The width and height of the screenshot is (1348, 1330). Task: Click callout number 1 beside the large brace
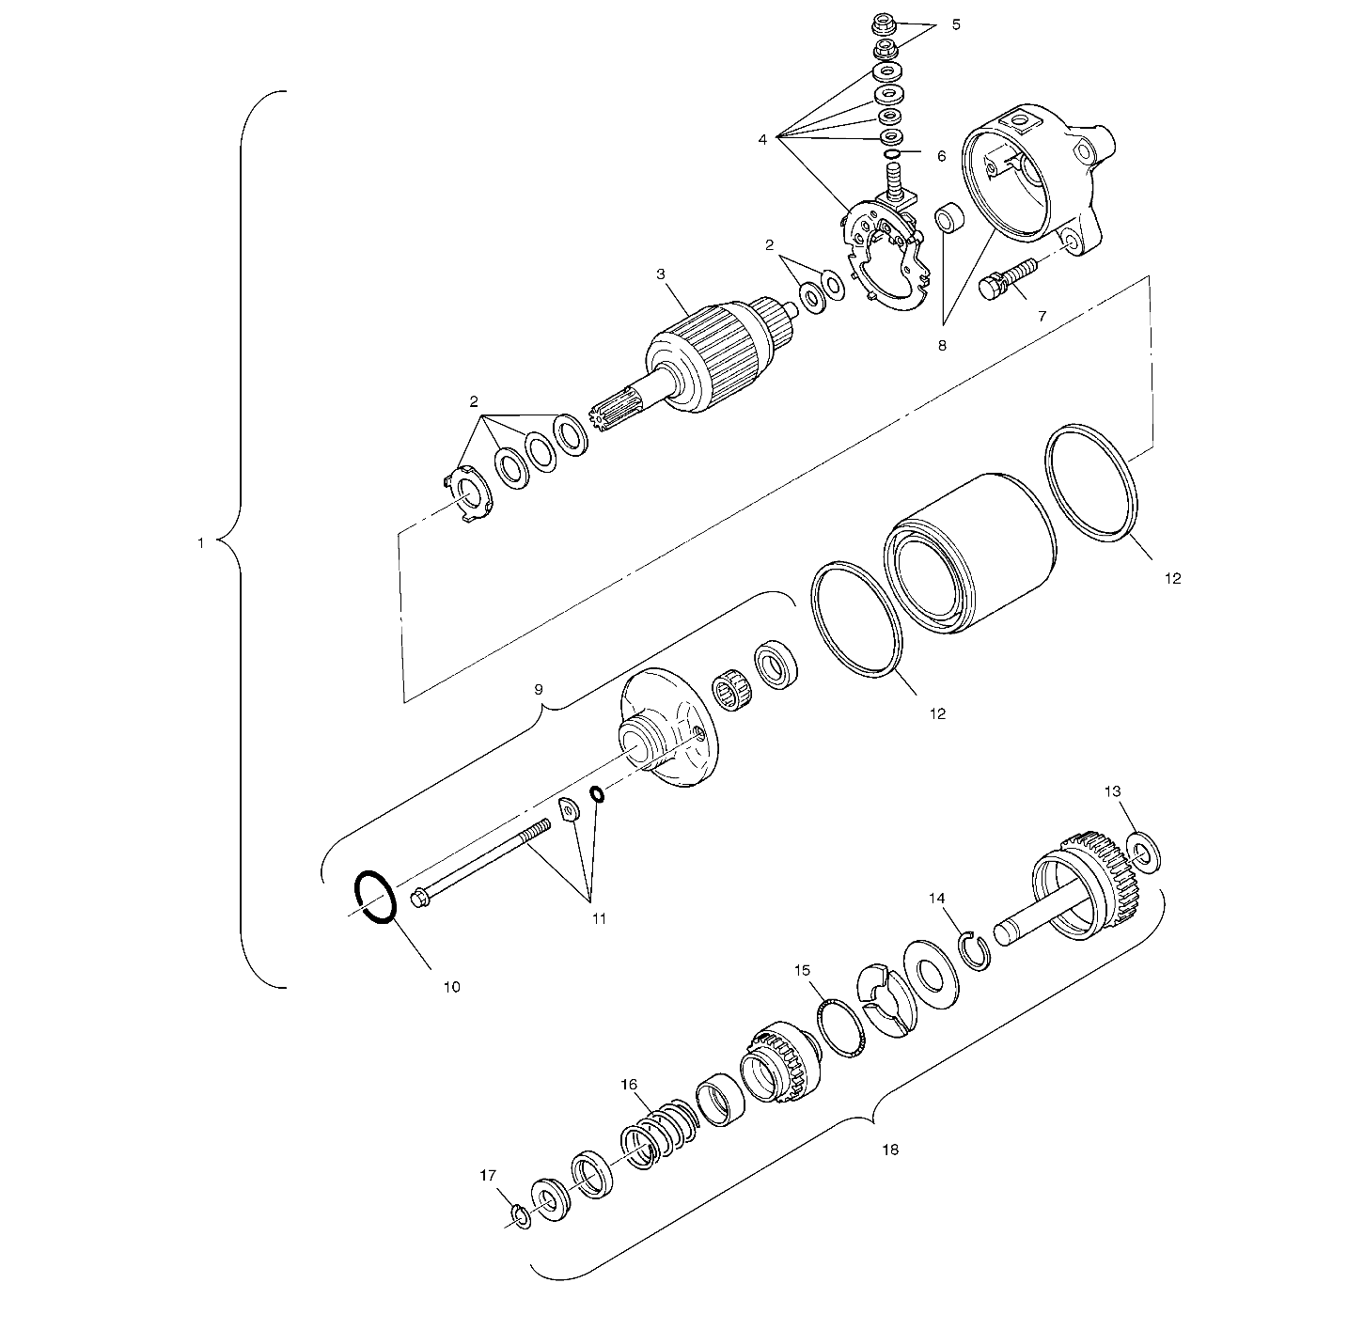click(x=201, y=543)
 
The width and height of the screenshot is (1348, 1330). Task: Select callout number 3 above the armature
click(x=660, y=274)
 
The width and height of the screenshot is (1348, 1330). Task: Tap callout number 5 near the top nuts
click(x=956, y=24)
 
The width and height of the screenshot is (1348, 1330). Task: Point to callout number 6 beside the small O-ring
click(x=942, y=156)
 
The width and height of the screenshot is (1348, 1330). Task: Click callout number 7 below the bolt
click(x=1042, y=316)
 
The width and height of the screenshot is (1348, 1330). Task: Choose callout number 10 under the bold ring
click(x=452, y=987)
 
